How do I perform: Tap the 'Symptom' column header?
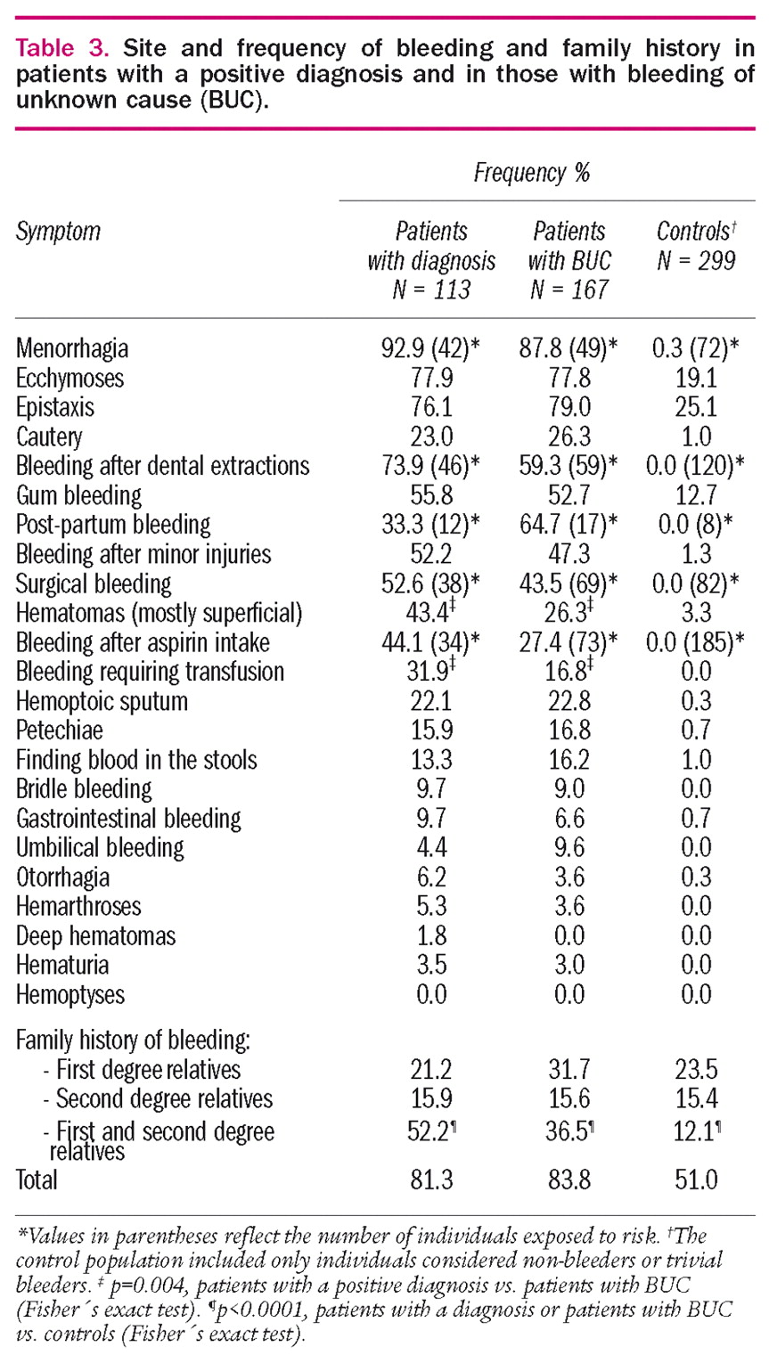(x=59, y=233)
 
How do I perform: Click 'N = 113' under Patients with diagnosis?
(x=430, y=290)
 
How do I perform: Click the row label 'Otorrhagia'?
(x=63, y=877)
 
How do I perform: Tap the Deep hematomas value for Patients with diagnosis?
(x=430, y=936)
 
